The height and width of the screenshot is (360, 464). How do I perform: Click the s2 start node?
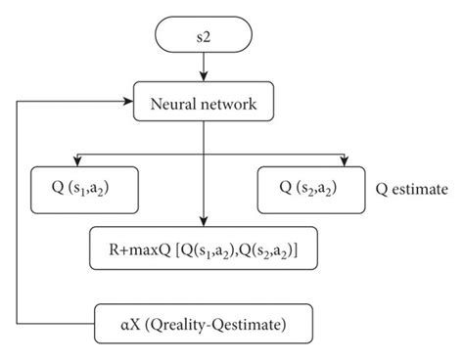tap(205, 36)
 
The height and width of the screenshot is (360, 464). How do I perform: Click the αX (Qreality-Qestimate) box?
tap(205, 321)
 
